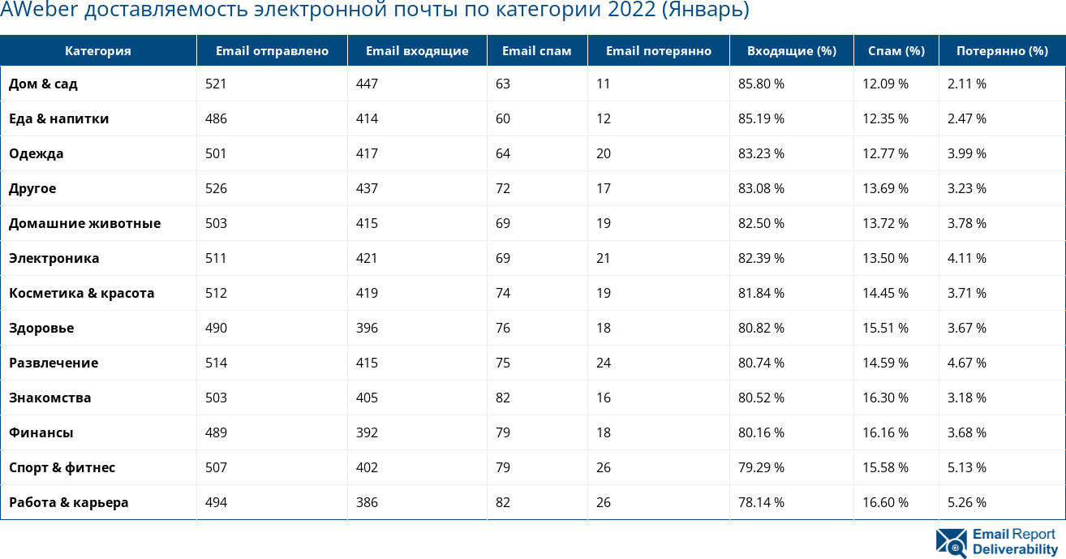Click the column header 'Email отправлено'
click(x=272, y=51)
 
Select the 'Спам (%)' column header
click(x=896, y=51)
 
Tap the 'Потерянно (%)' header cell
click(x=1002, y=51)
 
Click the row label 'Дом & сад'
click(x=43, y=84)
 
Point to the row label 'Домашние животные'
click(x=84, y=223)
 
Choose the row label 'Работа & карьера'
click(x=68, y=502)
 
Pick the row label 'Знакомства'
click(x=49, y=398)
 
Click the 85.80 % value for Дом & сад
click(x=761, y=84)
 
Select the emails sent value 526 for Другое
click(x=216, y=188)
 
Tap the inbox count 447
click(x=367, y=84)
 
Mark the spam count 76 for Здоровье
click(x=503, y=328)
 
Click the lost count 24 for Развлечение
click(x=604, y=363)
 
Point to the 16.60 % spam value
click(x=885, y=502)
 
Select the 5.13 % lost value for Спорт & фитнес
click(x=967, y=467)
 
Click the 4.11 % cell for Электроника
click(x=967, y=258)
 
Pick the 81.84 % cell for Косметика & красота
click(x=761, y=293)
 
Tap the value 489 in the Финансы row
click(x=216, y=432)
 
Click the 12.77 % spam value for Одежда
click(x=885, y=153)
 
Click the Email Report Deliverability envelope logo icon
click(x=951, y=543)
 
